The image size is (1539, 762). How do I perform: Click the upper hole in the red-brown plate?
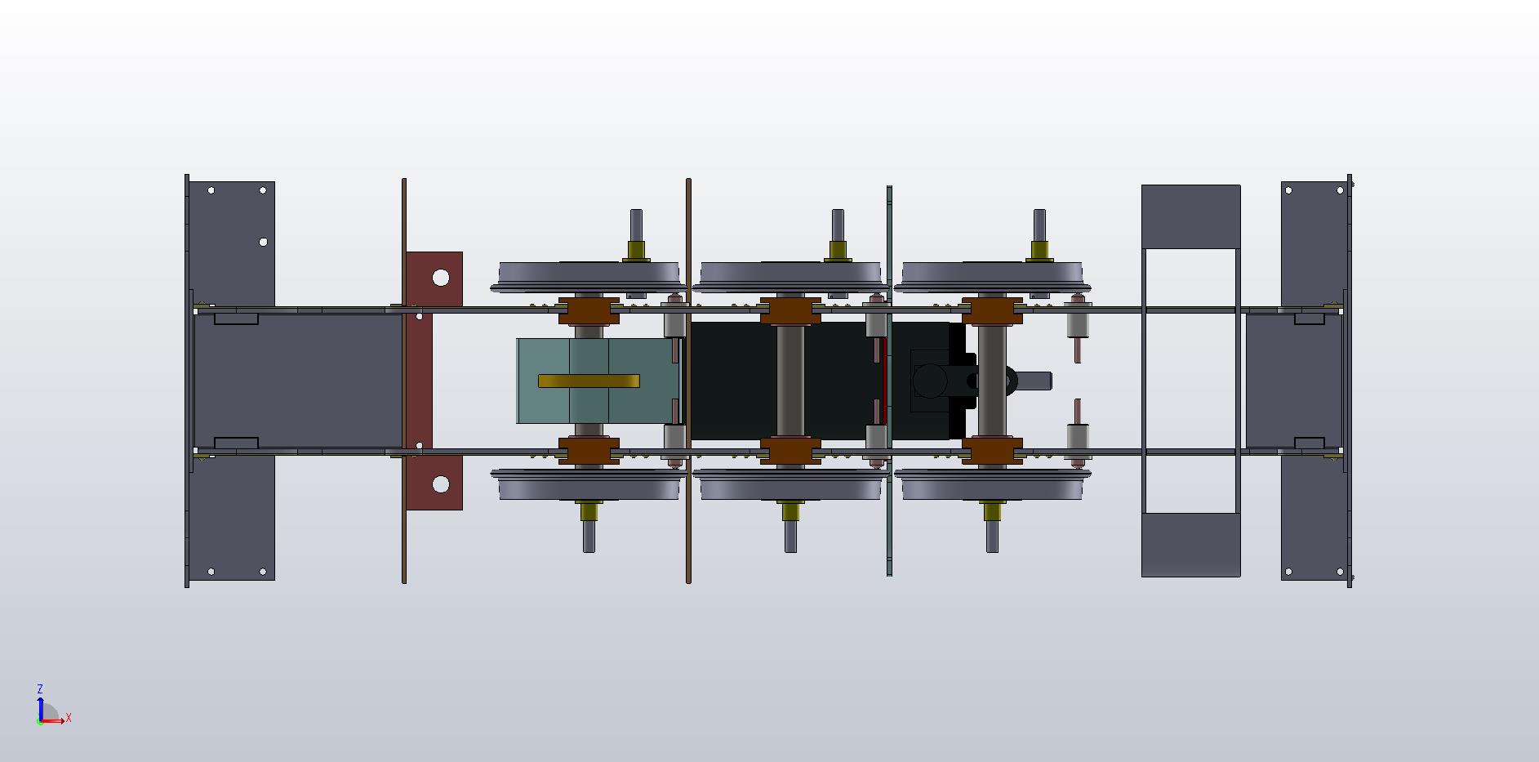[x=441, y=278]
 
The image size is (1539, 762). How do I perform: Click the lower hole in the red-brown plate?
[x=441, y=485]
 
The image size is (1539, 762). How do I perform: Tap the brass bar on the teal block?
[x=589, y=381]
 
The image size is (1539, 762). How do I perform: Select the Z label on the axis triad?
[x=40, y=689]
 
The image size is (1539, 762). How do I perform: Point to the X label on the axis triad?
[x=69, y=718]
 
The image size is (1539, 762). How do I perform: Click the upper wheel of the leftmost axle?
[x=588, y=277]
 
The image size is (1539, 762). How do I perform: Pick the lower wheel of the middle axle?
[x=790, y=485]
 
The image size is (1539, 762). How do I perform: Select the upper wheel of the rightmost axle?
[x=992, y=277]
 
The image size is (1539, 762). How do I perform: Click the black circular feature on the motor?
[x=929, y=381]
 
